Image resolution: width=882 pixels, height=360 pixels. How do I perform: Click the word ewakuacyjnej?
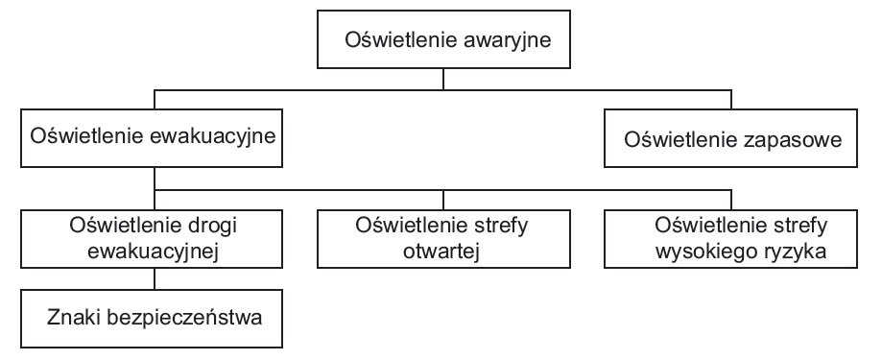(x=153, y=252)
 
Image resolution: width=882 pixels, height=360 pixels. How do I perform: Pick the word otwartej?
(x=441, y=252)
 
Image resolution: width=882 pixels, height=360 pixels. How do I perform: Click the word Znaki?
(x=74, y=317)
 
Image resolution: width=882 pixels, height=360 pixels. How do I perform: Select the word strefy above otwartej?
(x=497, y=227)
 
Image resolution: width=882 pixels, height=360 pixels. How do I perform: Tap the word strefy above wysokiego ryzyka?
(x=797, y=227)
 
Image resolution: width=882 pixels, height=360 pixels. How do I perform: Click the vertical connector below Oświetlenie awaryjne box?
(x=443, y=80)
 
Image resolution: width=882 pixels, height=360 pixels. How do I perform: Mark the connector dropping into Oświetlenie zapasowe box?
(x=731, y=99)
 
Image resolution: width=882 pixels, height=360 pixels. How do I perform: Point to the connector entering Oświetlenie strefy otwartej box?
(x=443, y=201)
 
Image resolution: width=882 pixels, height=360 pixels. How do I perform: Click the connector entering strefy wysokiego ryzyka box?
(x=731, y=201)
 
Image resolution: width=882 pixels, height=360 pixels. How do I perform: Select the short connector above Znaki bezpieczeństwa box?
(x=155, y=278)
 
